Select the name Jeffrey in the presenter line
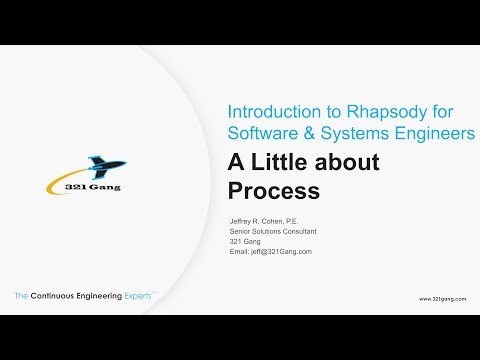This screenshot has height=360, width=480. [242, 220]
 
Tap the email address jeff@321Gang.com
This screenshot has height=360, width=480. [281, 252]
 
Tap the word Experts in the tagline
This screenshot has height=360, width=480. [135, 297]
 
